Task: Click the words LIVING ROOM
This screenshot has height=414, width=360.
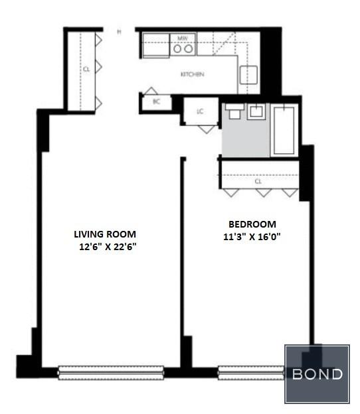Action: click(x=105, y=234)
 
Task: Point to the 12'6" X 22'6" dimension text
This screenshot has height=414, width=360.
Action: click(x=108, y=247)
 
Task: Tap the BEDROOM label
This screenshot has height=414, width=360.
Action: click(x=252, y=224)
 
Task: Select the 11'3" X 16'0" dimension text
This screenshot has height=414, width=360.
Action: click(x=252, y=237)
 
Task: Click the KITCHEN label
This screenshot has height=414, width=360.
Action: click(x=192, y=74)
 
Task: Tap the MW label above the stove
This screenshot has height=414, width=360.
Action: click(x=183, y=38)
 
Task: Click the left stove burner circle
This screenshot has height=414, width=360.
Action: click(x=177, y=49)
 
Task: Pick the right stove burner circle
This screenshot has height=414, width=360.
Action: click(x=188, y=49)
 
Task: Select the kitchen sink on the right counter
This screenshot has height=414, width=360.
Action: click(x=248, y=75)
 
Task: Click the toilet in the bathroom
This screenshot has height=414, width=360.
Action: click(x=234, y=111)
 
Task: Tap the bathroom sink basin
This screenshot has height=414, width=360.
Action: click(x=256, y=111)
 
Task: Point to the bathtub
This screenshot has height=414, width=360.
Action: click(x=284, y=130)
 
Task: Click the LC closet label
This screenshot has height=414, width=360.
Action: click(x=200, y=111)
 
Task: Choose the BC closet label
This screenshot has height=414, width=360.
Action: click(x=157, y=102)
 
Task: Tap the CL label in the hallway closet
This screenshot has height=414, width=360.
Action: click(x=86, y=70)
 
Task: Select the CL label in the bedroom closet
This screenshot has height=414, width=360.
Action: click(x=258, y=182)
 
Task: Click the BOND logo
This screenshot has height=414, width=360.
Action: click(x=317, y=374)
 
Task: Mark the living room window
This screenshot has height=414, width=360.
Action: click(x=111, y=373)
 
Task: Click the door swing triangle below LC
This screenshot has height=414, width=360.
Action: click(x=207, y=129)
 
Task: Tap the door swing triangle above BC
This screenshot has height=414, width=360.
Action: click(x=151, y=91)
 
